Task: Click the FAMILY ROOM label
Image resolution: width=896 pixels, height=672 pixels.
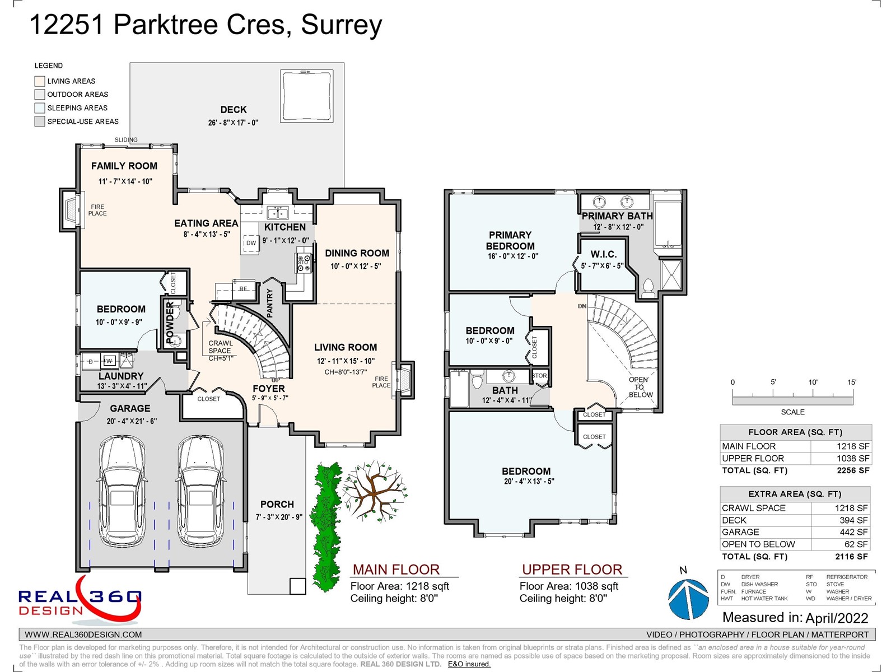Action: (124, 166)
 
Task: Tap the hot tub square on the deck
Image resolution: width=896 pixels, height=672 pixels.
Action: (307, 96)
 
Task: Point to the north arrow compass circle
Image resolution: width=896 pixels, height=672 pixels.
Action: (688, 599)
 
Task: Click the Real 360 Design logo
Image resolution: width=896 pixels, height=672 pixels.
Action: (80, 600)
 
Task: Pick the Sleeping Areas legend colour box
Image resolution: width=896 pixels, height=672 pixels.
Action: (40, 108)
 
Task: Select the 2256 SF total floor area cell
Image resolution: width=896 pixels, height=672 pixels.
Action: (853, 470)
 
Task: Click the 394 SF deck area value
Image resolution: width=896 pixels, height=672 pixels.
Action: (853, 520)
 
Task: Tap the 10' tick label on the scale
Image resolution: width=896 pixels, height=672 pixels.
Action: (813, 382)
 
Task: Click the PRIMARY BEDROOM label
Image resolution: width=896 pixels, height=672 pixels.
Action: (510, 241)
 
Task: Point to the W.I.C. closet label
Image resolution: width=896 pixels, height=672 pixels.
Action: (603, 254)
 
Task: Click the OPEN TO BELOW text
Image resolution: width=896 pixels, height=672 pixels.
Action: (640, 387)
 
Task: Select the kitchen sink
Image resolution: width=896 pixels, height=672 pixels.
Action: (277, 213)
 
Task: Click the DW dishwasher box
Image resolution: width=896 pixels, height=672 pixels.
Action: (251, 243)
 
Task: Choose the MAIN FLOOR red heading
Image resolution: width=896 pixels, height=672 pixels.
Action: (396, 570)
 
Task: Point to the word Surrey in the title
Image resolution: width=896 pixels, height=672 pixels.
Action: (341, 25)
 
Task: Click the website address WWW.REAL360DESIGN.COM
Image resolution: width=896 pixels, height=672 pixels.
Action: (83, 634)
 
